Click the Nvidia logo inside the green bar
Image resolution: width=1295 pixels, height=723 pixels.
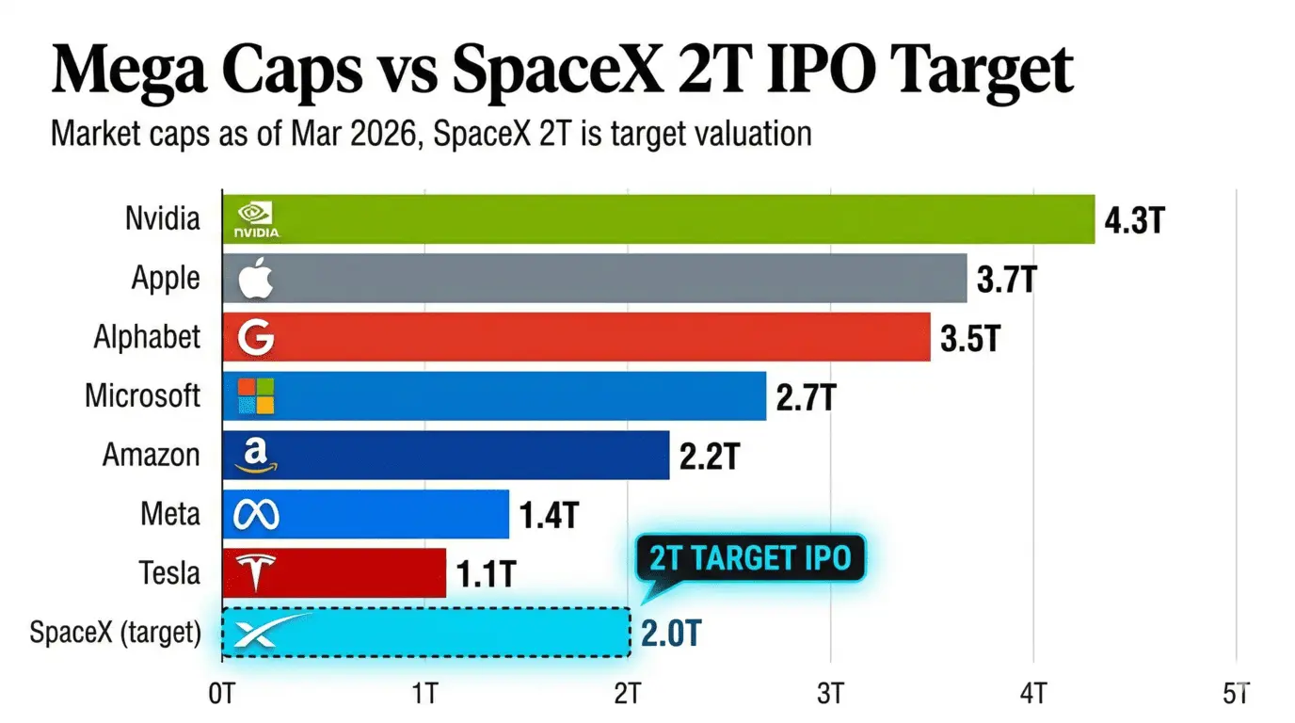[256, 219]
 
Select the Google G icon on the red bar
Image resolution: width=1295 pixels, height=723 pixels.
[256, 337]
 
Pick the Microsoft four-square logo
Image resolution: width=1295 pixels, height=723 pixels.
[256, 396]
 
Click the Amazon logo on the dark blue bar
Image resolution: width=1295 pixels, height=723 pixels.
[256, 456]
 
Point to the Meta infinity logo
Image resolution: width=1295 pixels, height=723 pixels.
[256, 514]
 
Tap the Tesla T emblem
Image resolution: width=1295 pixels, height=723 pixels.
[256, 572]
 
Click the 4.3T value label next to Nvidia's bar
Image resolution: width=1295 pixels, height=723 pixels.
[1136, 221]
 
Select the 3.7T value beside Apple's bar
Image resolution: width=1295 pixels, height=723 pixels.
[1007, 280]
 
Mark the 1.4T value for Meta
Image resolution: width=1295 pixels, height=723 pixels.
[549, 516]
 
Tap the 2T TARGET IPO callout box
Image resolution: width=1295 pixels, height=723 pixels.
[749, 558]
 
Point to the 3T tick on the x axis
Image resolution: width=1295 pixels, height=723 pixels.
[831, 695]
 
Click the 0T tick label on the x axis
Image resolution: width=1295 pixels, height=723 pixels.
[222, 695]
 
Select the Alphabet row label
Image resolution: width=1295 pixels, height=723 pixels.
[147, 337]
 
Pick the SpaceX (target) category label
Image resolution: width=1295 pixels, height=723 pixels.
[115, 633]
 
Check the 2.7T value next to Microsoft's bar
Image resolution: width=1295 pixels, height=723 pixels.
[807, 398]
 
